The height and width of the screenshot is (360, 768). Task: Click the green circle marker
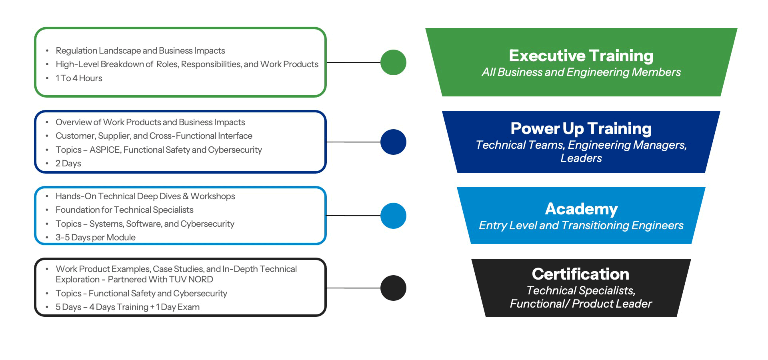coord(393,62)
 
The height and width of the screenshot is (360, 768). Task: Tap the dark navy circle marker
coord(393,142)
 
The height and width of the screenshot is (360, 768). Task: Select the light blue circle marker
coord(393,216)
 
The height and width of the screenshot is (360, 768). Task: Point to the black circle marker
coord(393,288)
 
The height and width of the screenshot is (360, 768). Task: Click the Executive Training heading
coord(581,56)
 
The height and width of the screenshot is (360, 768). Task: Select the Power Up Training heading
coord(581,128)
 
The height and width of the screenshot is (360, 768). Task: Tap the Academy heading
coord(581,209)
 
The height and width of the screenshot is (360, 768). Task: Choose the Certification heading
coord(580,274)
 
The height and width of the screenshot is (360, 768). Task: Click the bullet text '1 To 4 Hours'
coord(79,78)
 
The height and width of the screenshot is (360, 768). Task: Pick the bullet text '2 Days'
coord(68,164)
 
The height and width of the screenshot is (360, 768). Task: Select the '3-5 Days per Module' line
coord(95,238)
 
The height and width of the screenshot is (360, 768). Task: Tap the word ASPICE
coord(105,150)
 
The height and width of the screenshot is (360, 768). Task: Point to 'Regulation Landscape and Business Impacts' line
coord(140,51)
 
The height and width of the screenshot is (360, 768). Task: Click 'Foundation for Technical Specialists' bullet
coord(124,210)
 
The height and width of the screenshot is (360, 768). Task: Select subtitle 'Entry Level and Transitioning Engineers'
coord(581,226)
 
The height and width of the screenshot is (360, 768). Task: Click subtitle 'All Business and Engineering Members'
coord(581,72)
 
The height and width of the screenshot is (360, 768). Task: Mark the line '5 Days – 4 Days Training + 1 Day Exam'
coord(127,307)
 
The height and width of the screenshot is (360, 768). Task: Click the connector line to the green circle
coord(354,62)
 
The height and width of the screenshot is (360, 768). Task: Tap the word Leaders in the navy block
coord(581,158)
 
